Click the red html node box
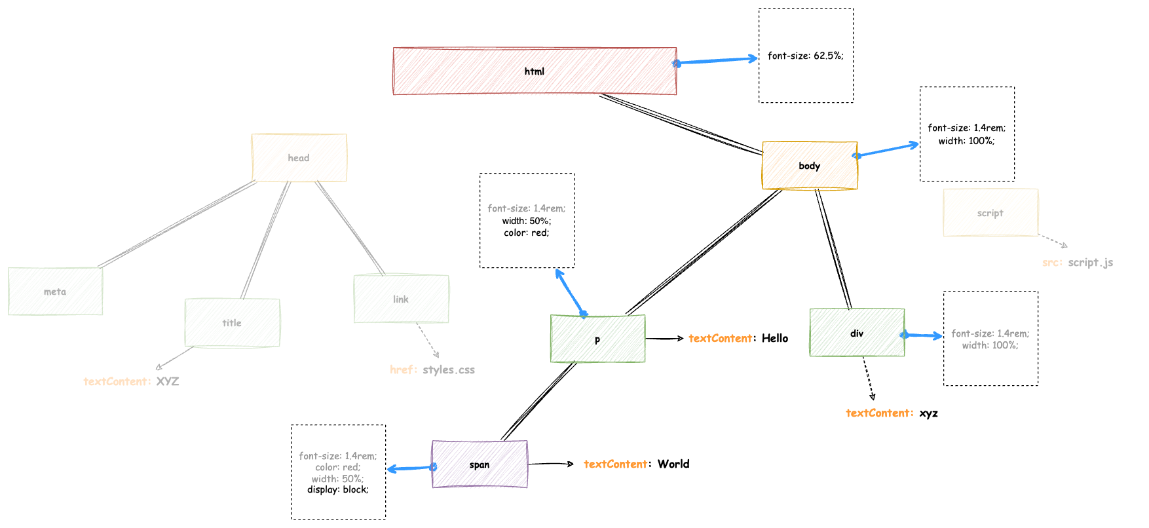[x=534, y=71]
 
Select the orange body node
[x=809, y=166]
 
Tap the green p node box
[x=597, y=339]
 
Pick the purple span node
[x=479, y=464]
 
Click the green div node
[x=856, y=333]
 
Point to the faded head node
[x=299, y=158]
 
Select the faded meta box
[x=55, y=292]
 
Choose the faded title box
[x=232, y=323]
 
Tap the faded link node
[x=401, y=299]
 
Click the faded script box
[x=990, y=213]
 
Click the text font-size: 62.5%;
[x=805, y=56]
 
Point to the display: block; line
[x=337, y=489]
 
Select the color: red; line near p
[x=526, y=233]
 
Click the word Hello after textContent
[x=774, y=338]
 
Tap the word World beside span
[x=673, y=464]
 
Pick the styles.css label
[x=448, y=369]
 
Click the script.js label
[x=1090, y=262]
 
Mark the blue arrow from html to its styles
[x=717, y=61]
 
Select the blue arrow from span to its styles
[x=410, y=468]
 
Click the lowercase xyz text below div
[x=928, y=413]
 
